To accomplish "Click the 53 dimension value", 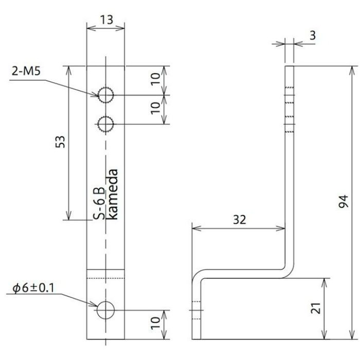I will pos(60,142).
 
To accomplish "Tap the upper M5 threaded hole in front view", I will pos(106,95).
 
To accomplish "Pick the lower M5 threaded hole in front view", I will pos(106,124).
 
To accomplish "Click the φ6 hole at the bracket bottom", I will pos(106,310).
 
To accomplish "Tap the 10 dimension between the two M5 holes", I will pos(155,110).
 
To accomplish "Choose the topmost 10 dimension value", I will pos(155,80).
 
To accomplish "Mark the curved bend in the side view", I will pos(285,270).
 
